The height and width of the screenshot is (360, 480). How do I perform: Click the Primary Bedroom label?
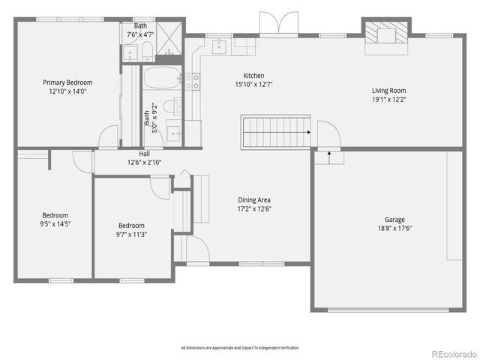(67, 83)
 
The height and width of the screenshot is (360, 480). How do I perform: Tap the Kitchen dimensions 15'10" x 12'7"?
(253, 84)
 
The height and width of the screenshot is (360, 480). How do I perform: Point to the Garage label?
(389, 220)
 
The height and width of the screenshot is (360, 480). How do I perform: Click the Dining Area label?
(254, 199)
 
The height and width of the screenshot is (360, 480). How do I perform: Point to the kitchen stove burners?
(192, 81)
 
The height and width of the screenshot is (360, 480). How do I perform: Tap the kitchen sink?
(219, 46)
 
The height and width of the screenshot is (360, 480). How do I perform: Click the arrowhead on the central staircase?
(308, 132)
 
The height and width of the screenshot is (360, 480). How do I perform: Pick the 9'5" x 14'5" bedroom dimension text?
(55, 223)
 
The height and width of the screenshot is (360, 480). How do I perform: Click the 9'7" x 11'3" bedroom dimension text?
(131, 234)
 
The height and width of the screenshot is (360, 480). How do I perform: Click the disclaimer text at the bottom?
(239, 349)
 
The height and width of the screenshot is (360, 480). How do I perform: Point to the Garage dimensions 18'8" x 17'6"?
(389, 229)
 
